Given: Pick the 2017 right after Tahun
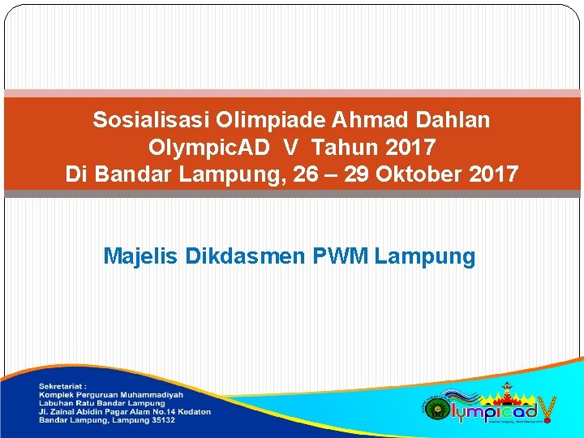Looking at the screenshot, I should tap(410, 148).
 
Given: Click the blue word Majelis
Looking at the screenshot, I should tap(141, 257).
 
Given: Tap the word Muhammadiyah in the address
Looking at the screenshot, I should tap(156, 394).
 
